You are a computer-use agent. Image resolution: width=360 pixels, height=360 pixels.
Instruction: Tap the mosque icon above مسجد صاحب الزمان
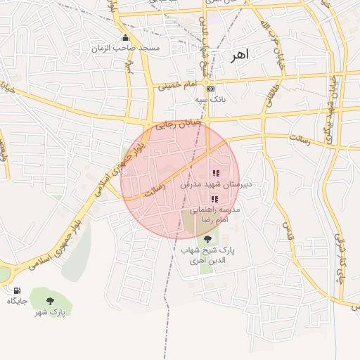(126, 37)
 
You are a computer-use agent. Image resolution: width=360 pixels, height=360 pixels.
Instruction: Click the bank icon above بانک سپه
(211, 89)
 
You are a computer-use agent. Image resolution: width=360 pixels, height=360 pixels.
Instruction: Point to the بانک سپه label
(211, 101)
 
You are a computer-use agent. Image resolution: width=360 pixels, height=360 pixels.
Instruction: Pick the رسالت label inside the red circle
(154, 186)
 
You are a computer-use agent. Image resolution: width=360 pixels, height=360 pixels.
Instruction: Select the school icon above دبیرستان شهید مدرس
(216, 173)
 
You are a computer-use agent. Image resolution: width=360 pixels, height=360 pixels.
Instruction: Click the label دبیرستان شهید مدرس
(216, 184)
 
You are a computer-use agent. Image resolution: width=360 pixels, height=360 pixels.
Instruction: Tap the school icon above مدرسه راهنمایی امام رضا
(214, 200)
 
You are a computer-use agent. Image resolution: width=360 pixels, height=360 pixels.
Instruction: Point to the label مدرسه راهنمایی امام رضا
(218, 215)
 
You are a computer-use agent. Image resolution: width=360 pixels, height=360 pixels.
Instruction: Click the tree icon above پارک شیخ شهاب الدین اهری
(207, 239)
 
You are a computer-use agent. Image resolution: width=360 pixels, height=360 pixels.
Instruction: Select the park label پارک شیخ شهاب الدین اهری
(207, 255)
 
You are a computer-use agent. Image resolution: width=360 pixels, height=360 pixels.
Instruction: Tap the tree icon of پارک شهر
(50, 300)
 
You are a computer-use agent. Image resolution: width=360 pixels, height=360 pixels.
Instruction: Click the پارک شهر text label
(50, 311)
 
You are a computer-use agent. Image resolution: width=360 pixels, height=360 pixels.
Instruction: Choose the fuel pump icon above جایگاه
(17, 290)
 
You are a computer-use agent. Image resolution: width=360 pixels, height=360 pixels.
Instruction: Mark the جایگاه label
(17, 301)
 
